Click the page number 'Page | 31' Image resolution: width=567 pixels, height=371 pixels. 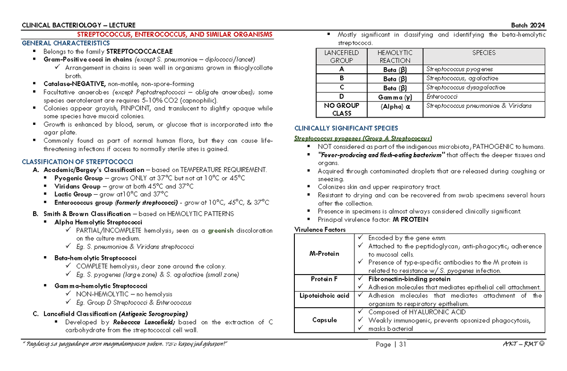click(x=391, y=345)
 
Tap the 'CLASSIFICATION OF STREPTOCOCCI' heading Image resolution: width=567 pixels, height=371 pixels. click(x=69, y=162)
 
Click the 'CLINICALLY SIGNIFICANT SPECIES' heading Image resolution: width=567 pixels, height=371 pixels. click(x=346, y=128)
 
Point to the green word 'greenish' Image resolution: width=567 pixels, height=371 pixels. click(x=223, y=231)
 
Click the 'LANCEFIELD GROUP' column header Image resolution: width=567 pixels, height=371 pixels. click(x=341, y=57)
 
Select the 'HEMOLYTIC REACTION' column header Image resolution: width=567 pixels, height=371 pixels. click(x=395, y=57)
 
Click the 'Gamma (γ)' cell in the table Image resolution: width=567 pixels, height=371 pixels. click(x=395, y=96)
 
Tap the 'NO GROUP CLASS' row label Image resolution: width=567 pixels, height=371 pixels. click(x=341, y=109)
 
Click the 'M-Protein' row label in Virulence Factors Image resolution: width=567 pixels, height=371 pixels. click(x=324, y=254)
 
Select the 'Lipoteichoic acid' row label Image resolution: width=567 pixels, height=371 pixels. click(x=324, y=295)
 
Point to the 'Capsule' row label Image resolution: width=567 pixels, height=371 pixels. click(x=324, y=320)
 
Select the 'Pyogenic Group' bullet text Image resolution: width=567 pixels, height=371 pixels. click(x=78, y=178)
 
